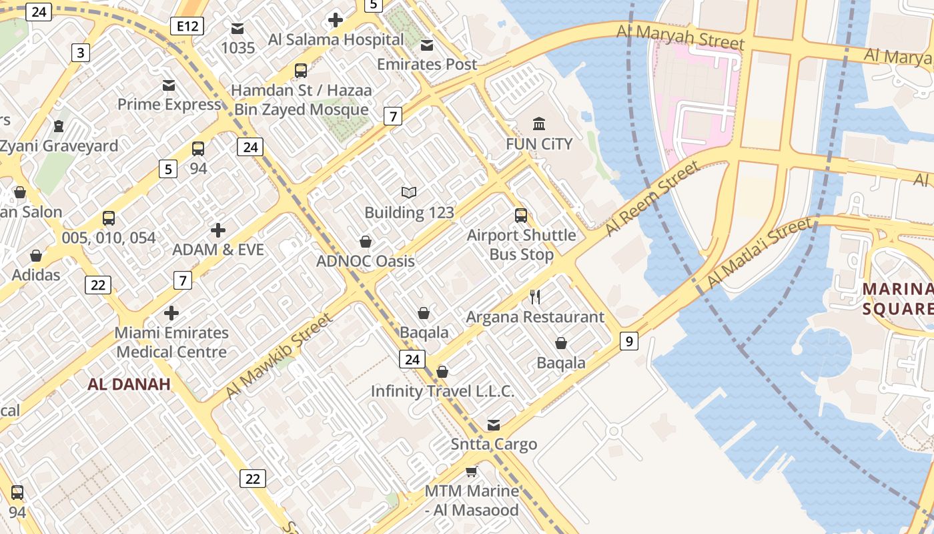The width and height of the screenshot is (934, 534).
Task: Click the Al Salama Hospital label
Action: click(336, 39)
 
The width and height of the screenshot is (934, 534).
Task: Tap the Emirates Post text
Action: click(427, 64)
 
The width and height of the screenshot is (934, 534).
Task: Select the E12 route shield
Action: click(186, 26)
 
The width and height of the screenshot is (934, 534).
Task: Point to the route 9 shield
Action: click(628, 341)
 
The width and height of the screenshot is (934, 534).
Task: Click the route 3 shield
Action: click(80, 53)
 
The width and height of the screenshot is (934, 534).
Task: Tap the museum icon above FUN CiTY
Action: click(539, 123)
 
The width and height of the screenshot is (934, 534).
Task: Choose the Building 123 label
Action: click(409, 213)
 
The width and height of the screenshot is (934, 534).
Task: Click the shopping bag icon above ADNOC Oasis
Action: click(366, 241)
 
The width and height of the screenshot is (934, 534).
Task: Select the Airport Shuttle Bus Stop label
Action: click(521, 244)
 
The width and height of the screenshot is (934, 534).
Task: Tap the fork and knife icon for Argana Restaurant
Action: click(534, 297)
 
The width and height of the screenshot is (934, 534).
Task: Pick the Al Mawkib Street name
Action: click(278, 356)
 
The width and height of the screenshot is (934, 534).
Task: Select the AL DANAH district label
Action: click(129, 384)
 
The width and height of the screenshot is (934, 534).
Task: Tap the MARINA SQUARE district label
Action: click(898, 298)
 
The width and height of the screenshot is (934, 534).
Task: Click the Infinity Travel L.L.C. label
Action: click(442, 391)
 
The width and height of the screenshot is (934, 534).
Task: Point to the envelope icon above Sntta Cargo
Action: click(494, 425)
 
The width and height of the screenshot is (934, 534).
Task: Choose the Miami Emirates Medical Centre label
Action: click(171, 342)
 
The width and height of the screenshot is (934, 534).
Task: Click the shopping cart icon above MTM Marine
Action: click(472, 472)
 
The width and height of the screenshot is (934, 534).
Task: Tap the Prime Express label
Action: click(169, 105)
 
